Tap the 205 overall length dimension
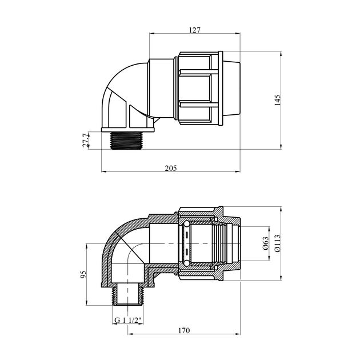170,168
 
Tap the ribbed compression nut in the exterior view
198,88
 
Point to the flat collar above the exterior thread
126,129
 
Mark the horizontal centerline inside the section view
211,245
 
